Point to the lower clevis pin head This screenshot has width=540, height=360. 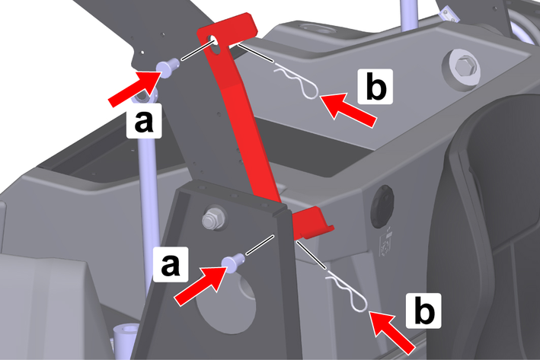[230, 263]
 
